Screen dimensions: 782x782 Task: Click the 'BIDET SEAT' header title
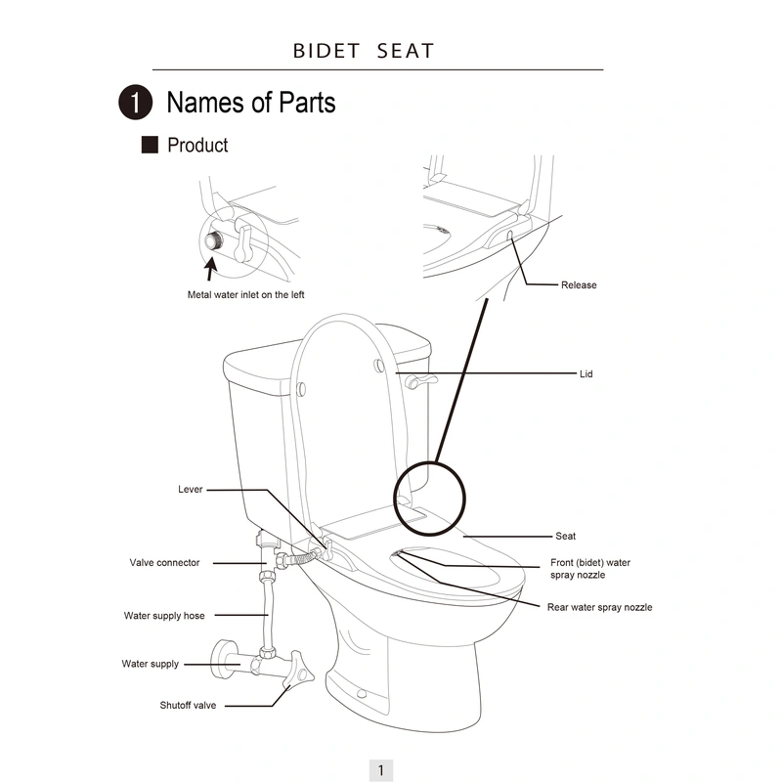tap(364, 51)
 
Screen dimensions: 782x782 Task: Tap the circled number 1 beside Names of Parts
tap(135, 103)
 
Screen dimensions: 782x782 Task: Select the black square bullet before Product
tap(150, 146)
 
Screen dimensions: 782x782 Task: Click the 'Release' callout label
tap(579, 285)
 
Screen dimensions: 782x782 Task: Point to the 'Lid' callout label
tap(586, 374)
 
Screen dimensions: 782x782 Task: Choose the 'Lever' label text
tap(191, 490)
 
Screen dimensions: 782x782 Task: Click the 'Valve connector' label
tap(165, 563)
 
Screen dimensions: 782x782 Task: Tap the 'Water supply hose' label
tap(164, 616)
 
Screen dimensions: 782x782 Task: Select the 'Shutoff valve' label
tap(188, 705)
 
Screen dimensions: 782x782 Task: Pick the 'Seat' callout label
tap(566, 537)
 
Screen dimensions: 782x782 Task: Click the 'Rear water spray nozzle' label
tap(599, 608)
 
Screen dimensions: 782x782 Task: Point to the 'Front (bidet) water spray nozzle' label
tap(590, 569)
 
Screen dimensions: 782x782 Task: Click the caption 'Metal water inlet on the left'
tap(252, 294)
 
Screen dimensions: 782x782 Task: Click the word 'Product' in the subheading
tap(197, 146)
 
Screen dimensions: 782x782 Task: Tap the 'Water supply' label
tap(151, 665)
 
